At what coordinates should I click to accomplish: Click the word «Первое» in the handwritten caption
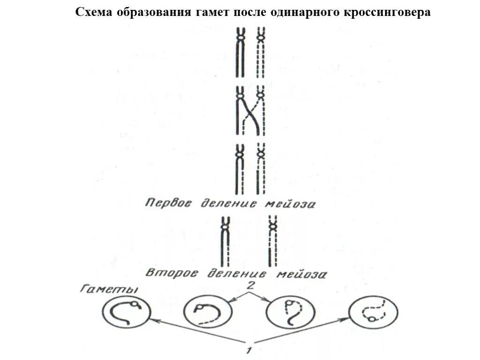tap(169, 203)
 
